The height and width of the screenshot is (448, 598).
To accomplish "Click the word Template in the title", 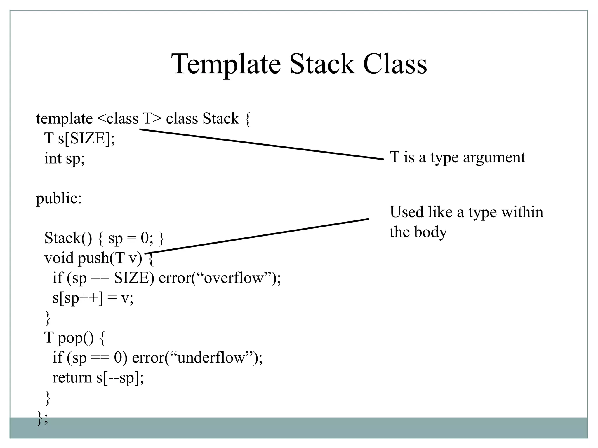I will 226,64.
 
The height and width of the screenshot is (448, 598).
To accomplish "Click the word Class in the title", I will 395,64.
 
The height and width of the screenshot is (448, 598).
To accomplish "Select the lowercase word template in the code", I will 64,119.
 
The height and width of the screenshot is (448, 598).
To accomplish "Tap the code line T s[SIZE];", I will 79,138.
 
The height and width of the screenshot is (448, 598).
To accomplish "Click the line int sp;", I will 65,159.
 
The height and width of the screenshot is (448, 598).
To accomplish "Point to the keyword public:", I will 59,199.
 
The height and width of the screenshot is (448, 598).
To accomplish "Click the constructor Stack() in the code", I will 68,238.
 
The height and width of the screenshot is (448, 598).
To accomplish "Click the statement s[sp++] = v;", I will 93,298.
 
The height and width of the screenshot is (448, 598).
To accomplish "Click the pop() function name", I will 76,338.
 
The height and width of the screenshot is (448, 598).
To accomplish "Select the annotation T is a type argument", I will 457,157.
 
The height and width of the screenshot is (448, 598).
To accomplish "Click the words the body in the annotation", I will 418,232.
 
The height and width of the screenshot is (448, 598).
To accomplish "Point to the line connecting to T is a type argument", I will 261,144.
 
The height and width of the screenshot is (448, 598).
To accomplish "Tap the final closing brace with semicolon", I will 42,418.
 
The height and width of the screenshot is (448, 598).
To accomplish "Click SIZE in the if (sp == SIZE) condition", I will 131,278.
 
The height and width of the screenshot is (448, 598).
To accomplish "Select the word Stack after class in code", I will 221,119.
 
